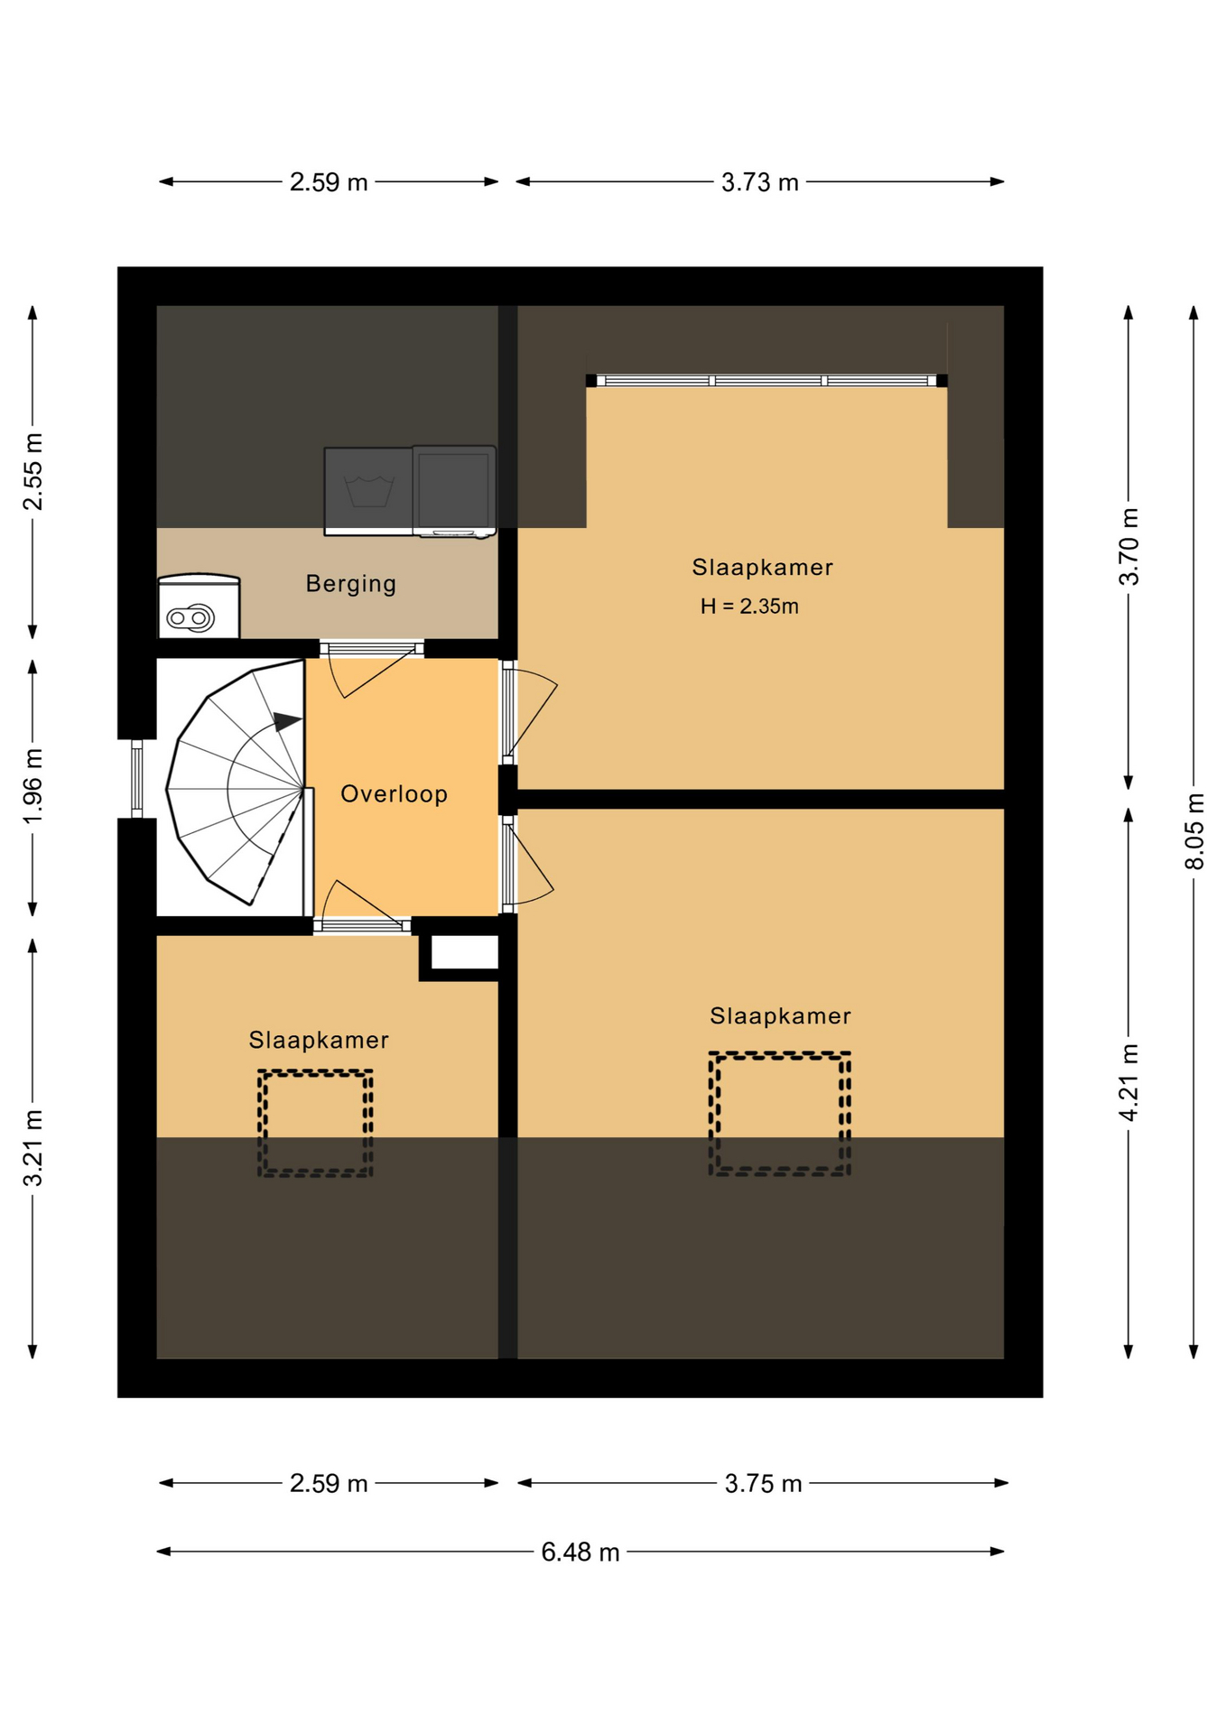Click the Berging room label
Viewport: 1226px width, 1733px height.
350,584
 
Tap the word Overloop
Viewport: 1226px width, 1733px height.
394,794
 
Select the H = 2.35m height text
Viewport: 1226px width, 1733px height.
749,607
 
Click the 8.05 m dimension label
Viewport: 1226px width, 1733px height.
1193,831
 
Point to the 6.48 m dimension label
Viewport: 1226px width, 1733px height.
580,1552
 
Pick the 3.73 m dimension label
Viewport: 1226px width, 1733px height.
760,182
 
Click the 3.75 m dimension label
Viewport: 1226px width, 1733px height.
763,1484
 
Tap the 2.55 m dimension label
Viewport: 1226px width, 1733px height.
33,472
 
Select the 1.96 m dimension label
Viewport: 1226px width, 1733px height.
33,786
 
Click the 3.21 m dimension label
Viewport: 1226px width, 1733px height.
33,1148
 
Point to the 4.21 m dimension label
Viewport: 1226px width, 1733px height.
1128,1082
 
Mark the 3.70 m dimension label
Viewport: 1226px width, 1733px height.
1128,546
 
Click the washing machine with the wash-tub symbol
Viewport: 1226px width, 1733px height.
368,491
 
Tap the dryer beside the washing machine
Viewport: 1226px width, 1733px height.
454,491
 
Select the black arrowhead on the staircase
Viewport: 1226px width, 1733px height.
287,721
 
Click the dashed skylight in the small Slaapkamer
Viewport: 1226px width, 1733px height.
315,1123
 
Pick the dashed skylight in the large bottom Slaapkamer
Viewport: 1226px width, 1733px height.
779,1113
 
